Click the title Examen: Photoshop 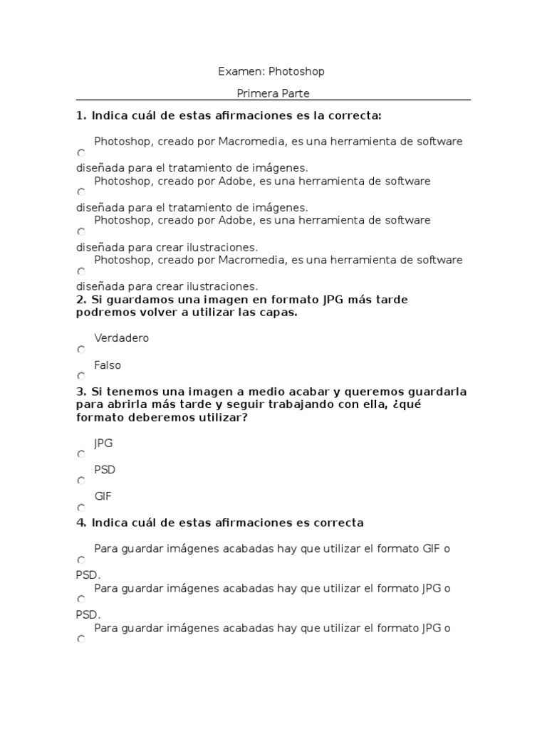coord(271,71)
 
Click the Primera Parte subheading coord(273,93)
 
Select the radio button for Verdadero coord(81,350)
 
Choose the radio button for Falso coord(81,376)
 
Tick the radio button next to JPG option coord(81,454)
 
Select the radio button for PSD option coord(81,481)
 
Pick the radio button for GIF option coord(81,508)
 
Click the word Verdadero coord(121,338)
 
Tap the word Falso coord(108,365)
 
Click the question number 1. coord(81,115)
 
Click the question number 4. coord(81,523)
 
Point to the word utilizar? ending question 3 coord(223,418)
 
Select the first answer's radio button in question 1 coord(81,153)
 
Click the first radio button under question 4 coord(81,560)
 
